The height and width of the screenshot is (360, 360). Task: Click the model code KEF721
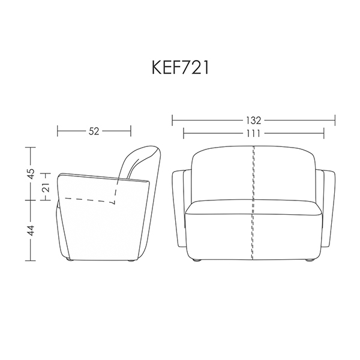[x=180, y=68]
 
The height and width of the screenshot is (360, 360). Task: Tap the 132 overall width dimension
[x=254, y=121]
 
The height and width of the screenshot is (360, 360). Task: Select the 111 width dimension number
[x=254, y=133]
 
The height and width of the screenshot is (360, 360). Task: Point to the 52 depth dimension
[x=94, y=131]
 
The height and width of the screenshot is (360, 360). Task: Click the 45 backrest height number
[x=31, y=173]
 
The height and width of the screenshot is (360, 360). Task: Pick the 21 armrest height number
[x=46, y=188]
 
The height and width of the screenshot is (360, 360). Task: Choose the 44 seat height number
[x=31, y=230]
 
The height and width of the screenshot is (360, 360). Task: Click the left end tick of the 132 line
[x=172, y=121]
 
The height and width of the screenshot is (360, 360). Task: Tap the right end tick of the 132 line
[x=335, y=121]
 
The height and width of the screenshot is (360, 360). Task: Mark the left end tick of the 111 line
[x=184, y=133]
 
